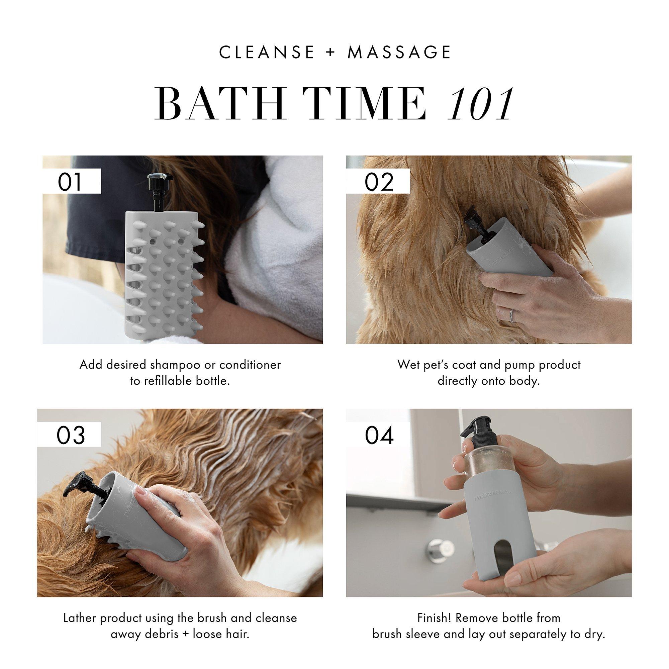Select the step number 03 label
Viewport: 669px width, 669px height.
tap(71, 435)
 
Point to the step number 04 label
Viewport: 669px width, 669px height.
tap(379, 435)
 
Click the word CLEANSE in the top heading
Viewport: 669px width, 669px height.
tap(267, 52)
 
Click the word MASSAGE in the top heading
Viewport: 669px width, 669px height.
tap(399, 52)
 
